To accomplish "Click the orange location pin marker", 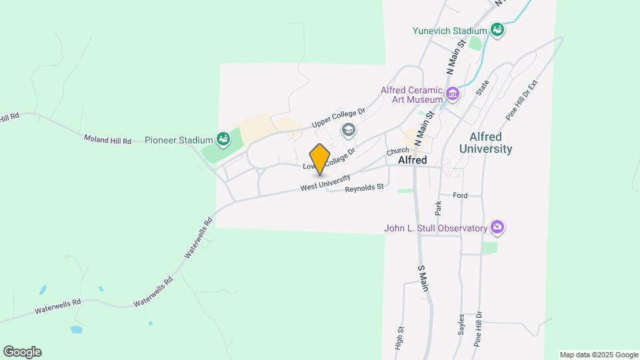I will click(320, 159).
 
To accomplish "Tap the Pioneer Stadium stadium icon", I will click(223, 140).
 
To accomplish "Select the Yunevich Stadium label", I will click(449, 30).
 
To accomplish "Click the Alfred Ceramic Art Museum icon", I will click(453, 93).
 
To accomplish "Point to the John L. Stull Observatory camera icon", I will click(497, 228).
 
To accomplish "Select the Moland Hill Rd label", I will click(107, 140).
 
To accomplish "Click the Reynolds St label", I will click(364, 189).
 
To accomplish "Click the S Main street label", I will click(422, 278).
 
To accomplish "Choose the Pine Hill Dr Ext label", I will click(521, 101).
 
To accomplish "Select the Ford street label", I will click(460, 195).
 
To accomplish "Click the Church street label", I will click(397, 151).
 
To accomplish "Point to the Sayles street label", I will click(461, 325).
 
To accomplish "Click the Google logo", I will click(22, 352).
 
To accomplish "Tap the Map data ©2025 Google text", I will click(599, 355).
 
